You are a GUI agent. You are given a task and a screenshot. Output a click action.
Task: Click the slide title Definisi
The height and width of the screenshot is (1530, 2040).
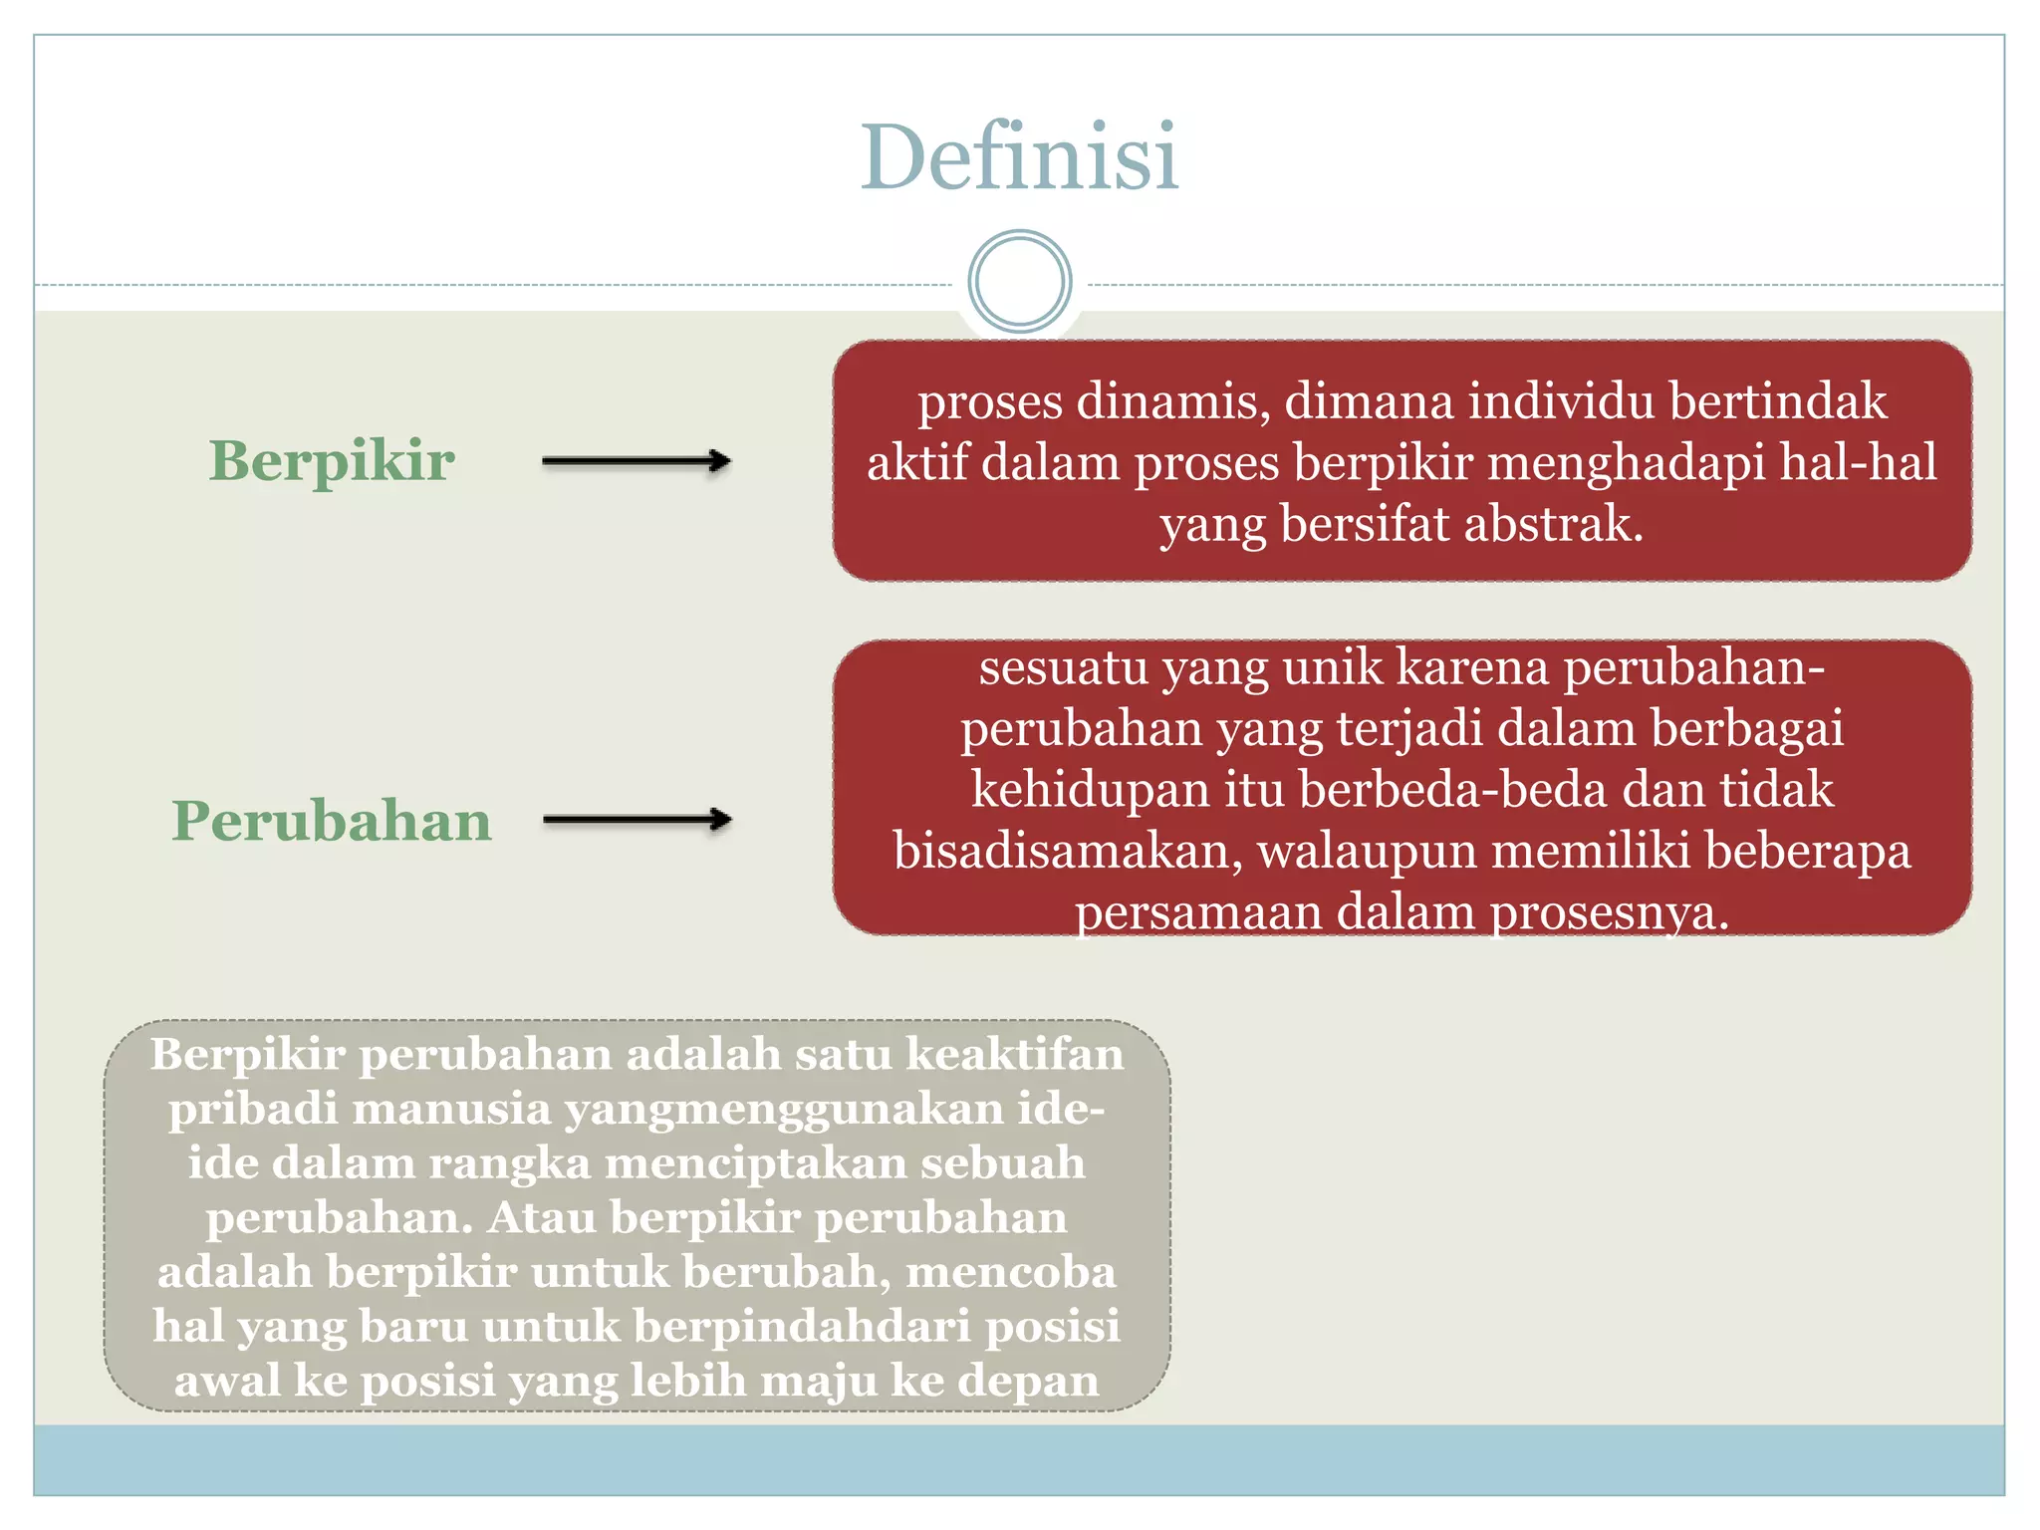tap(1019, 157)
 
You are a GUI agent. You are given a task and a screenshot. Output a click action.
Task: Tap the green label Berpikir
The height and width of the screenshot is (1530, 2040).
tap(332, 461)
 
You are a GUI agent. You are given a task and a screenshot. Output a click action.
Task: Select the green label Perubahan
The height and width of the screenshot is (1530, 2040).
tap(332, 821)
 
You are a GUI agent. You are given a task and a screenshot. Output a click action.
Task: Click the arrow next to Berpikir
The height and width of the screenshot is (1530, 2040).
tap(637, 461)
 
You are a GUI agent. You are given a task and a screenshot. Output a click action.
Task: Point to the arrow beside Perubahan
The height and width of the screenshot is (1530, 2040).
tap(637, 820)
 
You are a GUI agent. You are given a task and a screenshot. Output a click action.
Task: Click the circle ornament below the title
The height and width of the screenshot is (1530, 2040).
tap(1019, 282)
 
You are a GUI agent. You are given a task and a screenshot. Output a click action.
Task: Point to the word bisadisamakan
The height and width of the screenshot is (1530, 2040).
tap(1067, 852)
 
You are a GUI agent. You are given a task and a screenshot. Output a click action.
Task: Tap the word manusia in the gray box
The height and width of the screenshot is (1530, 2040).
tap(451, 1109)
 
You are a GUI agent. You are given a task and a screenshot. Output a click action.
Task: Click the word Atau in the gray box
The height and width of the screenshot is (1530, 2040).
tap(542, 1217)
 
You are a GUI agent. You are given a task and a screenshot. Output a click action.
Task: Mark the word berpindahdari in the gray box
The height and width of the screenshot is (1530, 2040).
tap(802, 1326)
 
